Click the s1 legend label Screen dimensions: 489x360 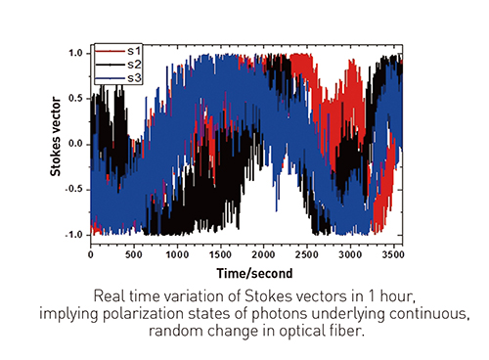pos(134,51)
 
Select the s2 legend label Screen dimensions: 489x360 pos(134,65)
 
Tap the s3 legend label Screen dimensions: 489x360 pos(134,78)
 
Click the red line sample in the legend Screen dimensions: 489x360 pos(111,51)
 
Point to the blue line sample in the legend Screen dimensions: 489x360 pos(111,78)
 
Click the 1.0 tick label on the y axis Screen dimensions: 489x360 pos(75,53)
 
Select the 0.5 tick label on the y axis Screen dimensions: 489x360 pos(75,99)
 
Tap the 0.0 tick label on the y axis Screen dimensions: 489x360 pos(75,144)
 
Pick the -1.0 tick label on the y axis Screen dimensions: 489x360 pos(74,235)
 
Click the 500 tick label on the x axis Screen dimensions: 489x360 pos(134,254)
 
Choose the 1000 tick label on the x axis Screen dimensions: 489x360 pos(177,254)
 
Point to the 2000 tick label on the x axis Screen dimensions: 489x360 pos(263,254)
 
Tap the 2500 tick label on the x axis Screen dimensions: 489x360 pos(307,254)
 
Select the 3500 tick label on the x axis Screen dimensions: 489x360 pos(393,254)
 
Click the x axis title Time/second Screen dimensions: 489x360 pos(254,273)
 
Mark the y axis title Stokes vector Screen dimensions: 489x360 pos(56,136)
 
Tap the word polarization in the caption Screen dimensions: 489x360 pos(144,314)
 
